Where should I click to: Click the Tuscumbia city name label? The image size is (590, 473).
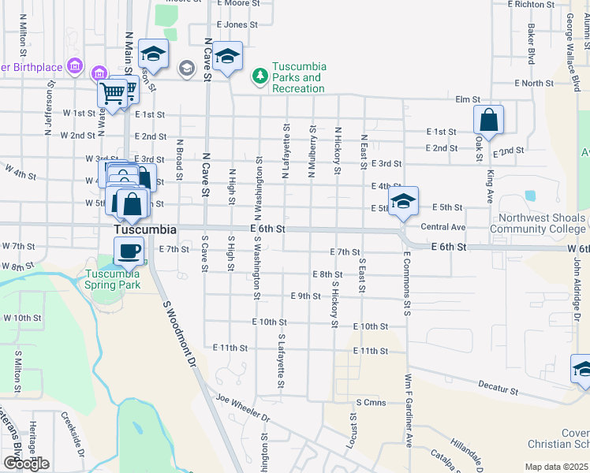144,229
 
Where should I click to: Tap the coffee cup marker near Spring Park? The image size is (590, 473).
129,251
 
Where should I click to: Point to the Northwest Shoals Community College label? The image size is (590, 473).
538,223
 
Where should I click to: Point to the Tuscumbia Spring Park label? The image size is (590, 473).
111,278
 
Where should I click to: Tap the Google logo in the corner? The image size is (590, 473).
26,463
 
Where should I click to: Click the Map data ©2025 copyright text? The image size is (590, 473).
557,467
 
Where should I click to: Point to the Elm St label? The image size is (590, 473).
468,99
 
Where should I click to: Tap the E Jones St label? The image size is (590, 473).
230,25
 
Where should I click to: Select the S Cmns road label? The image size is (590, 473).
368,402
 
